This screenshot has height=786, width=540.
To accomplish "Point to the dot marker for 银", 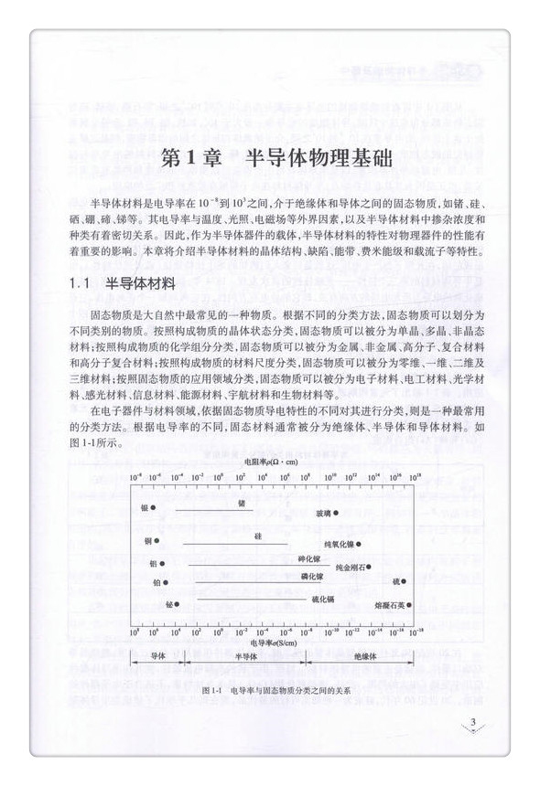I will tap(154, 507).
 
